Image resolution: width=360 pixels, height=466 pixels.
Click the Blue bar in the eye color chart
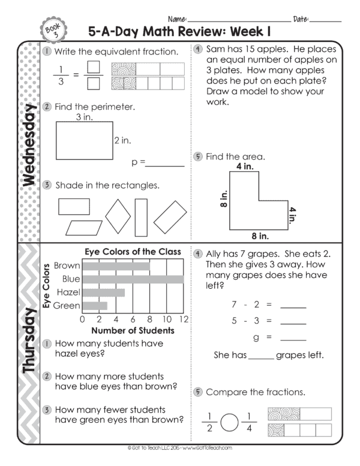click(133, 279)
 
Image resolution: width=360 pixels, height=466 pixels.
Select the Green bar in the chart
click(94, 306)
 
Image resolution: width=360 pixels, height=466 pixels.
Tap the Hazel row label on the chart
click(67, 292)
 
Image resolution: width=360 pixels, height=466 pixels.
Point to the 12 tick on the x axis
click(184, 319)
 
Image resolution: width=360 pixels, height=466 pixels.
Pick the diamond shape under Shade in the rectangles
click(118, 211)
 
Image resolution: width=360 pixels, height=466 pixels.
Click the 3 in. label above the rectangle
click(83, 118)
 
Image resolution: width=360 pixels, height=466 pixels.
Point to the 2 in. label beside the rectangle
click(122, 141)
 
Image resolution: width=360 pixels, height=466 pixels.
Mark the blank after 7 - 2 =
click(293, 305)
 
